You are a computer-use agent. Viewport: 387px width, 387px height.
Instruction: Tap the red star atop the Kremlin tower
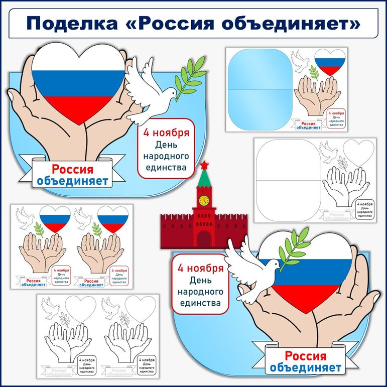coord(204,166)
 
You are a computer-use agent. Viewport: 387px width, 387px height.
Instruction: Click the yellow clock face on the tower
coord(204,200)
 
